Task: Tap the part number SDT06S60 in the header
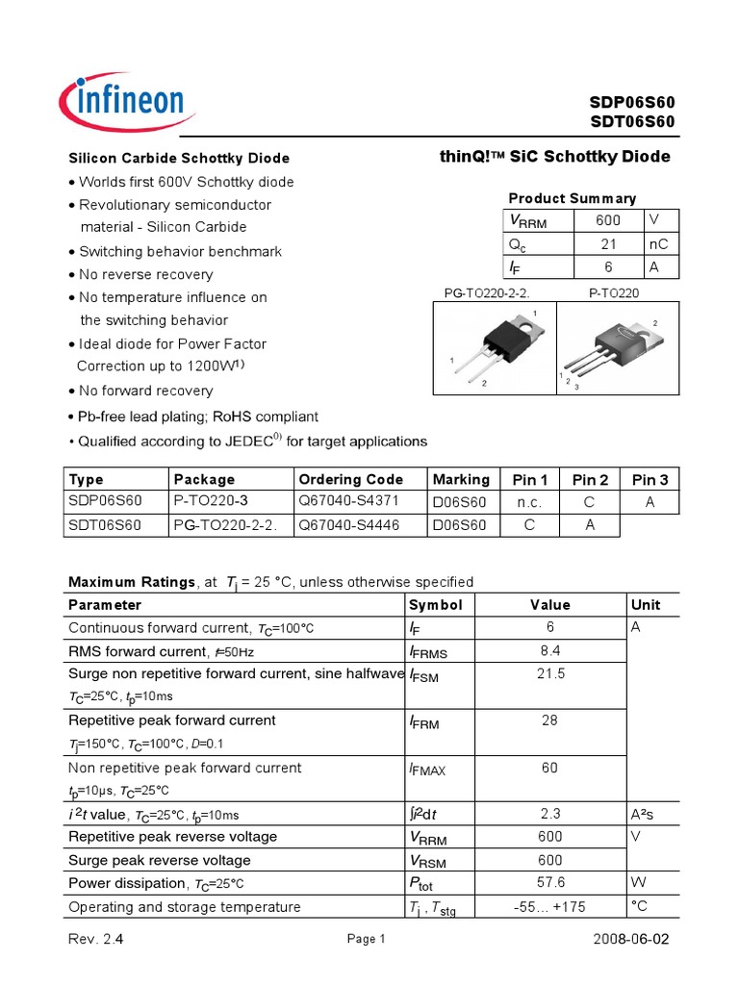click(x=632, y=121)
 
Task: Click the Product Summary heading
click(x=572, y=198)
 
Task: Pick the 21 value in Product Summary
click(x=608, y=243)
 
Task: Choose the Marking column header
click(x=461, y=479)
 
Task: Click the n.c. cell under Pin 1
click(x=530, y=502)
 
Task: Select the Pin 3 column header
click(x=650, y=479)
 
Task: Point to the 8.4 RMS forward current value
click(x=549, y=651)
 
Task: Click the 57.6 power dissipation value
click(x=549, y=883)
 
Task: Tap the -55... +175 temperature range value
click(x=549, y=906)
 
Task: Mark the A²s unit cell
click(x=645, y=814)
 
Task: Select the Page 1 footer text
click(x=365, y=940)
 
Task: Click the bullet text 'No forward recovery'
click(x=146, y=391)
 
